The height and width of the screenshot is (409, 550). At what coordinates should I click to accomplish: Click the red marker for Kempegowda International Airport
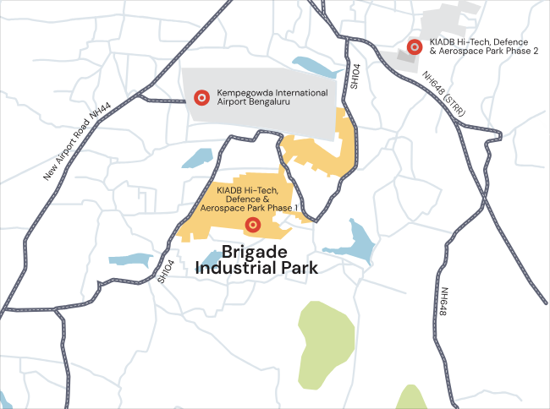click(201, 98)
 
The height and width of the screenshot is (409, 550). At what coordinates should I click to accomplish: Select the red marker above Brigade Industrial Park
click(251, 225)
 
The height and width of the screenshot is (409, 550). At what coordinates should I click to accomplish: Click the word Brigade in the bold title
click(255, 252)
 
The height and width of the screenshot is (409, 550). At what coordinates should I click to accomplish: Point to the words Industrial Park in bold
click(256, 269)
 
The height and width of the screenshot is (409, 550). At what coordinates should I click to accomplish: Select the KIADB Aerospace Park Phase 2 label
click(484, 47)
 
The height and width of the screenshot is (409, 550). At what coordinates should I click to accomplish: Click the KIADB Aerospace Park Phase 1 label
click(250, 199)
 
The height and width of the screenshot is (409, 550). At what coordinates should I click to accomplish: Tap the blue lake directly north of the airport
click(314, 65)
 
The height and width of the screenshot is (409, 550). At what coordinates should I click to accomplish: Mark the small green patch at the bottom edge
click(411, 399)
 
